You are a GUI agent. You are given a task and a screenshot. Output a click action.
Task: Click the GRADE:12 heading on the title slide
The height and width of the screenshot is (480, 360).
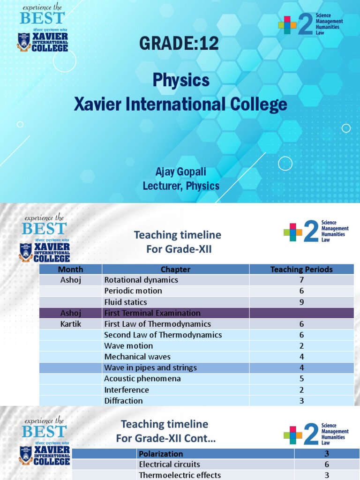pyautogui.click(x=179, y=44)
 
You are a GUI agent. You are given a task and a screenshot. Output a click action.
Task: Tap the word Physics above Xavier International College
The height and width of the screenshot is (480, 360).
pyautogui.click(x=180, y=80)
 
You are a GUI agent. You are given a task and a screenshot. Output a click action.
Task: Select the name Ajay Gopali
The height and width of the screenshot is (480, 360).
pyautogui.click(x=181, y=172)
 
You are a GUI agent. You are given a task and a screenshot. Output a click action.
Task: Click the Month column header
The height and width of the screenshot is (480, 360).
pyautogui.click(x=70, y=269)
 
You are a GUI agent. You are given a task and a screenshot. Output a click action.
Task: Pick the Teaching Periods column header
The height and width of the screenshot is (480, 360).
pyautogui.click(x=301, y=269)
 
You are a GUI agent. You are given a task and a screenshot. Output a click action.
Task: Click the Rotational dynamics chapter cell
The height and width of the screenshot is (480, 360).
pyautogui.click(x=141, y=280)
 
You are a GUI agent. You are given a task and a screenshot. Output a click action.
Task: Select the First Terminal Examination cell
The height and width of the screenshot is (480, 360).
pyautogui.click(x=152, y=313)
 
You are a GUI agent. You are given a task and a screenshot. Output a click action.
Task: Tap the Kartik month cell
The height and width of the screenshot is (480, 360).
pyautogui.click(x=70, y=324)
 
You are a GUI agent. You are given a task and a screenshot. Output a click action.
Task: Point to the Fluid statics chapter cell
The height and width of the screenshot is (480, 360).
pyautogui.click(x=126, y=302)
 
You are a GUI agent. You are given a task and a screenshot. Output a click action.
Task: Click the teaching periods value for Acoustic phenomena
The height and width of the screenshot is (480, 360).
pyautogui.click(x=301, y=379)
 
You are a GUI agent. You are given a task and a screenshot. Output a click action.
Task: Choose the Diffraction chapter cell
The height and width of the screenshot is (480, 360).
pyautogui.click(x=123, y=401)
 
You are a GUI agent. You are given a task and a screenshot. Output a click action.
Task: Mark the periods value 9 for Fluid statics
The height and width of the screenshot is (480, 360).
pyautogui.click(x=301, y=302)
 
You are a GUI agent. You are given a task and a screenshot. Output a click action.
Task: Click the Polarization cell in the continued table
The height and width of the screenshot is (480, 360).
pyautogui.click(x=161, y=454)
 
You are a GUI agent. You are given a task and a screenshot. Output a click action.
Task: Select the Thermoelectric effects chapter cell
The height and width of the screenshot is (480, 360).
pyautogui.click(x=180, y=475)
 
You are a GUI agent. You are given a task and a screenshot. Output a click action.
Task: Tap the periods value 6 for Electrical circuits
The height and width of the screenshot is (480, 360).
pyautogui.click(x=327, y=465)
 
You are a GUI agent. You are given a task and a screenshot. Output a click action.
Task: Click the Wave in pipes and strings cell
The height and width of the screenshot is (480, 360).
pyautogui.click(x=150, y=367)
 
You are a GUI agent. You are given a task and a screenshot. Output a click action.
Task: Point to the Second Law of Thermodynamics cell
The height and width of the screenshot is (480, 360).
pyautogui.click(x=163, y=335)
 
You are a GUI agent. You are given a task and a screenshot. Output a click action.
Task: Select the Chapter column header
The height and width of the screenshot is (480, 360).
pyautogui.click(x=175, y=269)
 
